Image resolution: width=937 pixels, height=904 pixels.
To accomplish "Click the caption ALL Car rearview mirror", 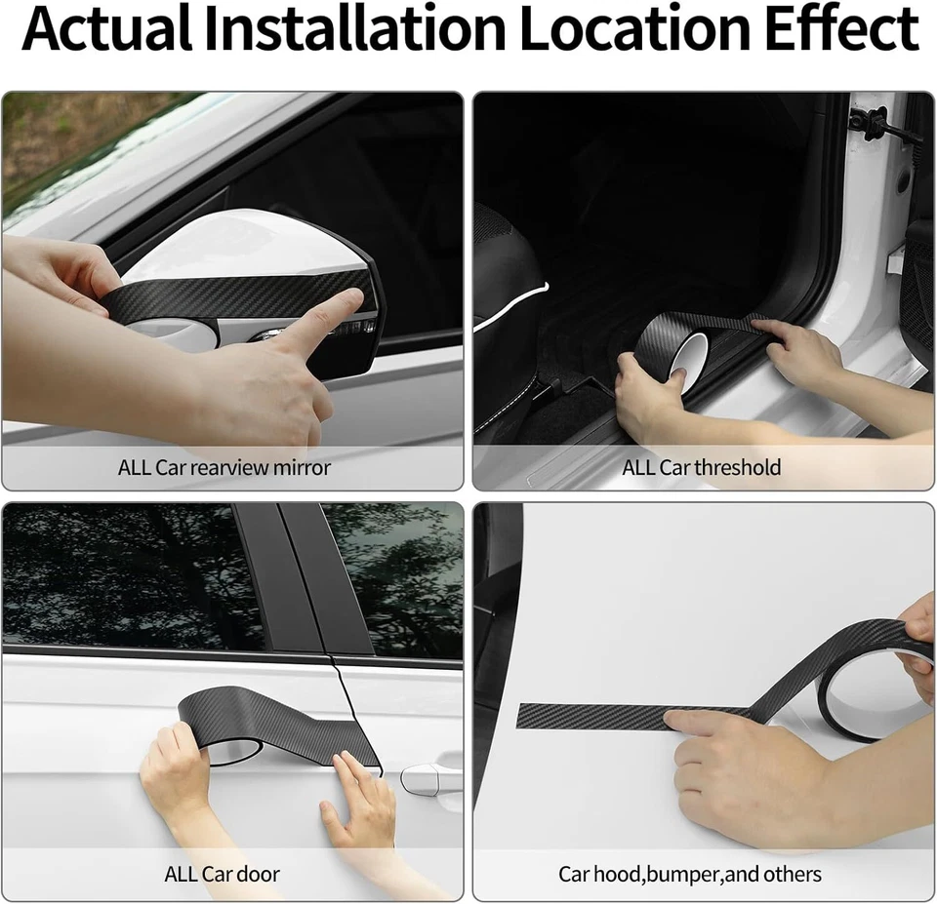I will click(224, 467).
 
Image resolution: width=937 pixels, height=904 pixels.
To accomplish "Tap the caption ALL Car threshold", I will click(702, 467).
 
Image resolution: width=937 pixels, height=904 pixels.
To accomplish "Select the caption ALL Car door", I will click(222, 874).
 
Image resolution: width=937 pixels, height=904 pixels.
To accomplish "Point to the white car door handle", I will click(429, 777).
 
